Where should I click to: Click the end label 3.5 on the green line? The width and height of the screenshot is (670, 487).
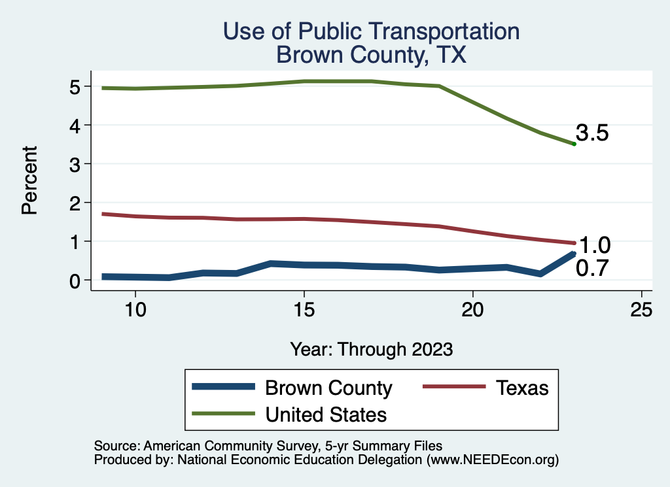[x=592, y=133]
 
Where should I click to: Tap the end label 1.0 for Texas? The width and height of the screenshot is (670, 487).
[x=595, y=245]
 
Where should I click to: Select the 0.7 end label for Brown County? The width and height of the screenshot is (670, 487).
[x=592, y=268]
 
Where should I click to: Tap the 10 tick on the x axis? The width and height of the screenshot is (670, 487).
[x=135, y=310]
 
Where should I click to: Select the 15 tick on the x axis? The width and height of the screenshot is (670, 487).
[x=304, y=310]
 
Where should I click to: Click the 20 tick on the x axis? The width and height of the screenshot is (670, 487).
[x=472, y=310]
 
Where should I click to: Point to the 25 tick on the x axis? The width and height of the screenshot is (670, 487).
[x=641, y=310]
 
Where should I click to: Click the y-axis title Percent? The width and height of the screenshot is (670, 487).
[x=29, y=180]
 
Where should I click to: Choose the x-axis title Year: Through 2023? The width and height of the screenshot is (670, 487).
[x=371, y=349]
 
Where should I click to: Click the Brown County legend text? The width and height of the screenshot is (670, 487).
[x=328, y=388]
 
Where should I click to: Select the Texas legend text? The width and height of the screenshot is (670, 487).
[x=521, y=388]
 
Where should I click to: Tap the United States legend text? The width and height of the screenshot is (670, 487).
[x=325, y=414]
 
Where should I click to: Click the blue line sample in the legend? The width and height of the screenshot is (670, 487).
[x=222, y=387]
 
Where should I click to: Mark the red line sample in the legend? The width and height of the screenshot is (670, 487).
[x=454, y=387]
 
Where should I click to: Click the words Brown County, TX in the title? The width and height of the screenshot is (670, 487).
[x=371, y=55]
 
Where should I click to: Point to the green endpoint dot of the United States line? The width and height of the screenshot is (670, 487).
[x=574, y=144]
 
